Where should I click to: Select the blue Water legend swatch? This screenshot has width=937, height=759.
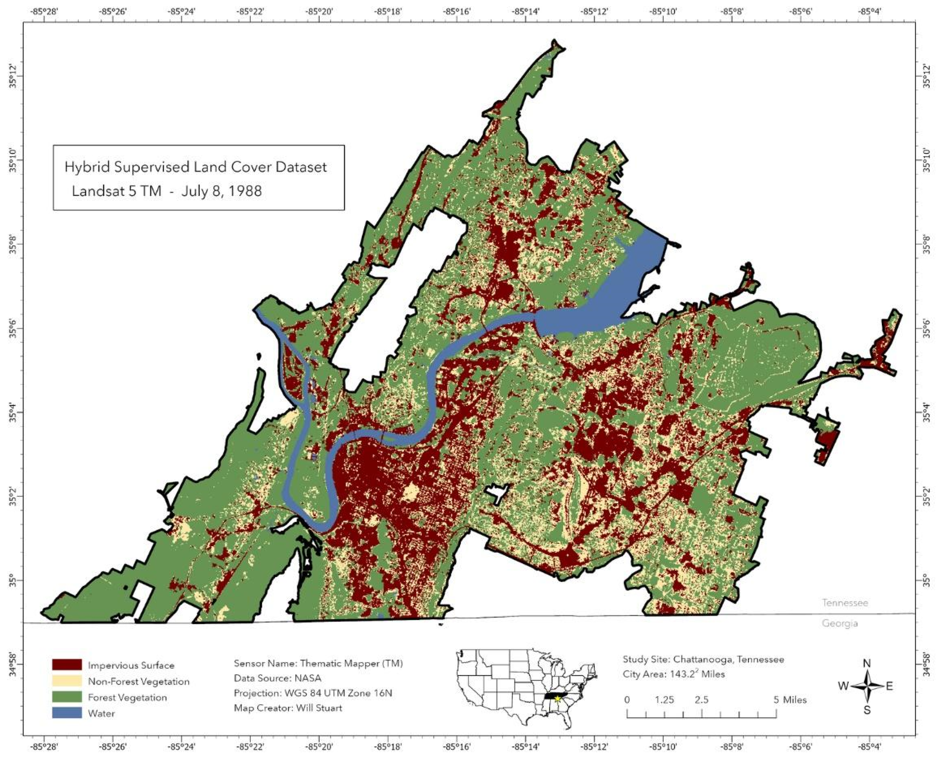pyautogui.click(x=66, y=713)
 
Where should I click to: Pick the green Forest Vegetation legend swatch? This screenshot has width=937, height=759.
pyautogui.click(x=66, y=697)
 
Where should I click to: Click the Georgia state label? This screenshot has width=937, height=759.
pyautogui.click(x=840, y=623)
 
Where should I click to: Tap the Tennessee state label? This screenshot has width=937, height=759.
pyautogui.click(x=845, y=603)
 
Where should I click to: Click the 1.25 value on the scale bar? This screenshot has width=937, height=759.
pyautogui.click(x=664, y=700)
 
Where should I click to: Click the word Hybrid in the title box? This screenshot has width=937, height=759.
pyautogui.click(x=83, y=168)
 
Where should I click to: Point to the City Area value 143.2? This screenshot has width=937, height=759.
pyautogui.click(x=683, y=674)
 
